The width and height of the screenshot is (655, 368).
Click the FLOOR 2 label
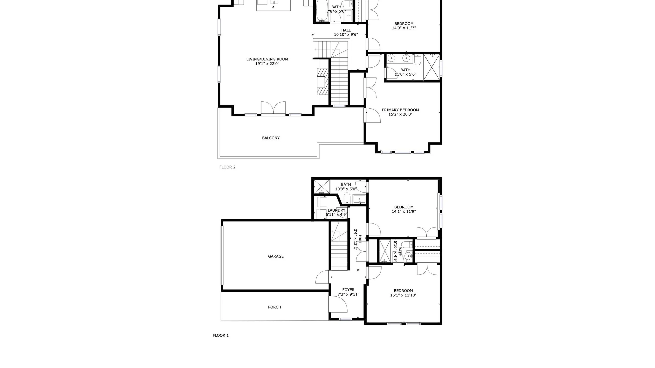coord(227,167)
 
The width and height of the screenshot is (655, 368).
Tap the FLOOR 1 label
coord(221,335)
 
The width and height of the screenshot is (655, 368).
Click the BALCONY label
coord(271,138)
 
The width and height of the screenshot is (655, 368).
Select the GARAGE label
coord(276,256)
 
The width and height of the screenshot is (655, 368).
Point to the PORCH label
coord(274,307)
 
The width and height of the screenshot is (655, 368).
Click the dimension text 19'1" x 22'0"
coord(267,64)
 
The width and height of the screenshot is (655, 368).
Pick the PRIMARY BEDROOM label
coord(400,110)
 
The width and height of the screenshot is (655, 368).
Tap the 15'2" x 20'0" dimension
coord(400,114)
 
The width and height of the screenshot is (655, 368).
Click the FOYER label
coord(348,290)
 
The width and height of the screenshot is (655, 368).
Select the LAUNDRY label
coord(336,210)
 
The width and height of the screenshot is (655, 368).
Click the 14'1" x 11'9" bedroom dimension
coord(404,211)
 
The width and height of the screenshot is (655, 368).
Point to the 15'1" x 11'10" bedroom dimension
coord(403,295)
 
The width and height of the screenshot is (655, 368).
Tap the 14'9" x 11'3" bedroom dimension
coord(404,28)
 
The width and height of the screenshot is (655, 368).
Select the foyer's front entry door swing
coord(339,304)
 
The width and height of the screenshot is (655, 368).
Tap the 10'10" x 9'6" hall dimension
coord(346,35)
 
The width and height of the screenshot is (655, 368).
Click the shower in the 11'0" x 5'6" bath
coord(431,67)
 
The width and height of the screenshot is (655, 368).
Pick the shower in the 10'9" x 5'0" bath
coord(322,186)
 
